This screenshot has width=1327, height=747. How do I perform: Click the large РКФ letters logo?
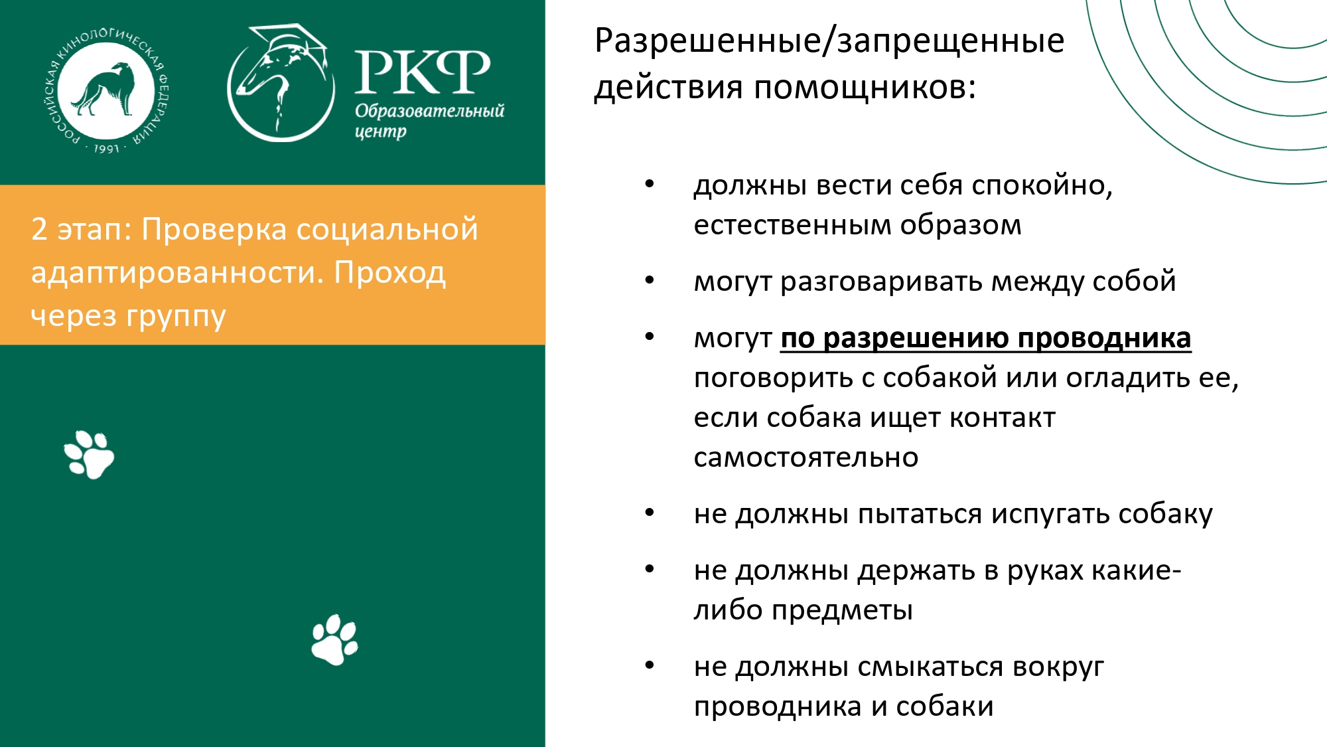[x=423, y=72]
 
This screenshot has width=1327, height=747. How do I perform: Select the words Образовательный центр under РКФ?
[x=429, y=120]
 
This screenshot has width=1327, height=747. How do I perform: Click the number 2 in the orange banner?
[x=39, y=229]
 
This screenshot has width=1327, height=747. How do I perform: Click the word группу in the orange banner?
[x=176, y=317]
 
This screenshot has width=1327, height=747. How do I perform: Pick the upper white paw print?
[x=89, y=454]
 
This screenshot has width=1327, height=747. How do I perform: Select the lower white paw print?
[x=335, y=639]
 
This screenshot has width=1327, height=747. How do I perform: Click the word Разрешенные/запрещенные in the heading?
[x=829, y=41]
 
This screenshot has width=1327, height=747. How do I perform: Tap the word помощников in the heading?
[x=865, y=88]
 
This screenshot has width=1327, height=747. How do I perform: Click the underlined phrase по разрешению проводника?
[x=986, y=339]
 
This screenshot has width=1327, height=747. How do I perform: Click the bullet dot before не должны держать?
[x=650, y=569]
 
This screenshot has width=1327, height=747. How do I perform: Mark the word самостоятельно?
[x=806, y=457]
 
